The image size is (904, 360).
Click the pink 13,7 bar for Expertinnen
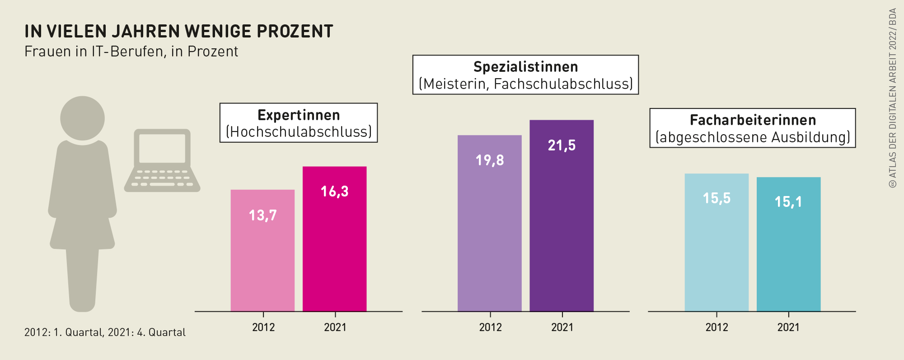pos(262,251)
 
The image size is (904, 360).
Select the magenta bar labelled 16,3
pos(334,239)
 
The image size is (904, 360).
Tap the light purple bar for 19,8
pos(489,224)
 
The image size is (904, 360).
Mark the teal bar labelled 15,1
pos(788,244)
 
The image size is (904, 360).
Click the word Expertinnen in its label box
pos(299,115)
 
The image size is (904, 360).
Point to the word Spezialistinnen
pos(525,67)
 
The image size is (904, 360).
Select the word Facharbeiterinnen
pos(753,120)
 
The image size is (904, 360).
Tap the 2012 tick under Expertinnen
pos(263,327)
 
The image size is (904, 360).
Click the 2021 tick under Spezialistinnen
pos(562,327)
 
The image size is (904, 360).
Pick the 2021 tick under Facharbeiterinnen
pos(788,327)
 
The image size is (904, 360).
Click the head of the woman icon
pos(82,118)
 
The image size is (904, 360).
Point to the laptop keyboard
pos(162,178)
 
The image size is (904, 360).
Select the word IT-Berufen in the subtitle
pos(127,51)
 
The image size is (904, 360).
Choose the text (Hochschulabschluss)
pos(299,132)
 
